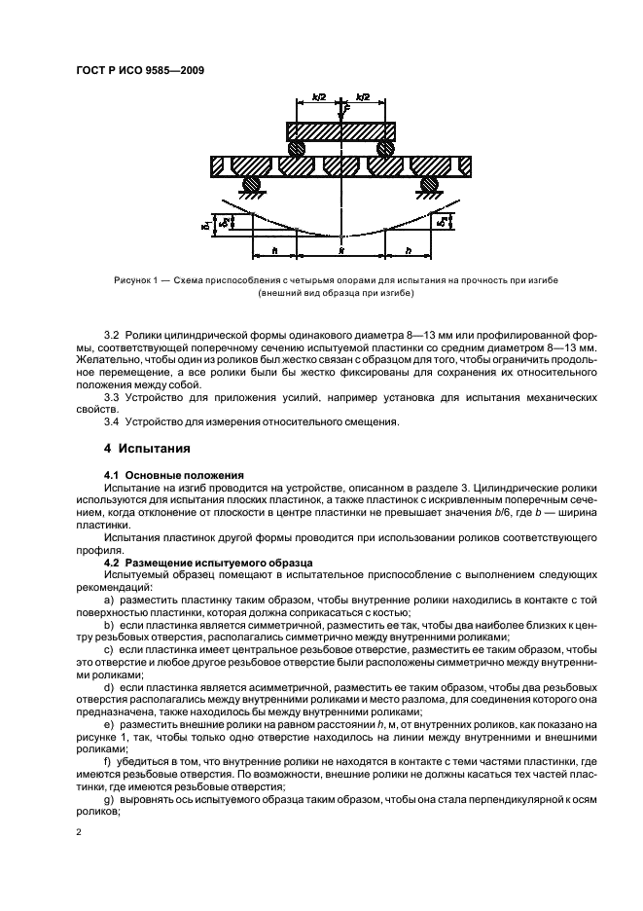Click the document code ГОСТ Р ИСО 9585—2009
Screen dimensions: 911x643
tap(140, 69)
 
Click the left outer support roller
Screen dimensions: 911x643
tap(251, 184)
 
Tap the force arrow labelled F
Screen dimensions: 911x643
tap(342, 110)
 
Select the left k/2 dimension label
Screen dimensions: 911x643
tap(319, 97)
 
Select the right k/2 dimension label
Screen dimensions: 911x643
tap(363, 97)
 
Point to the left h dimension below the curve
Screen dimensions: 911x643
tap(276, 249)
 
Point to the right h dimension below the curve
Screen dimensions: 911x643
tap(408, 249)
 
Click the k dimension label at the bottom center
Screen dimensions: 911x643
tap(341, 250)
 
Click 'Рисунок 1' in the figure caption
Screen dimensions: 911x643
tap(137, 280)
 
